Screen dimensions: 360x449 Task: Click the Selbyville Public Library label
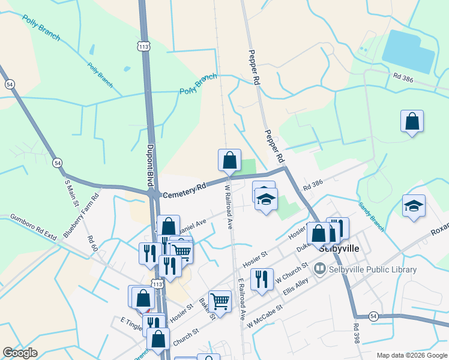[373, 269]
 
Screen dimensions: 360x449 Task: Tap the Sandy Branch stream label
[371, 211]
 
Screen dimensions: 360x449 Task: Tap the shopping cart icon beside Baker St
[220, 301]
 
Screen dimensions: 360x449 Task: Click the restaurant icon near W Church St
[262, 279]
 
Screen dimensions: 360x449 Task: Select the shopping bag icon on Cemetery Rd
[229, 160]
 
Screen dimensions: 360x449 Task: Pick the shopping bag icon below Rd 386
[412, 121]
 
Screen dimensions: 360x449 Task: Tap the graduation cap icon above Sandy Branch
[414, 206]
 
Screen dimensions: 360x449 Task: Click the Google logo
[20, 353]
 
